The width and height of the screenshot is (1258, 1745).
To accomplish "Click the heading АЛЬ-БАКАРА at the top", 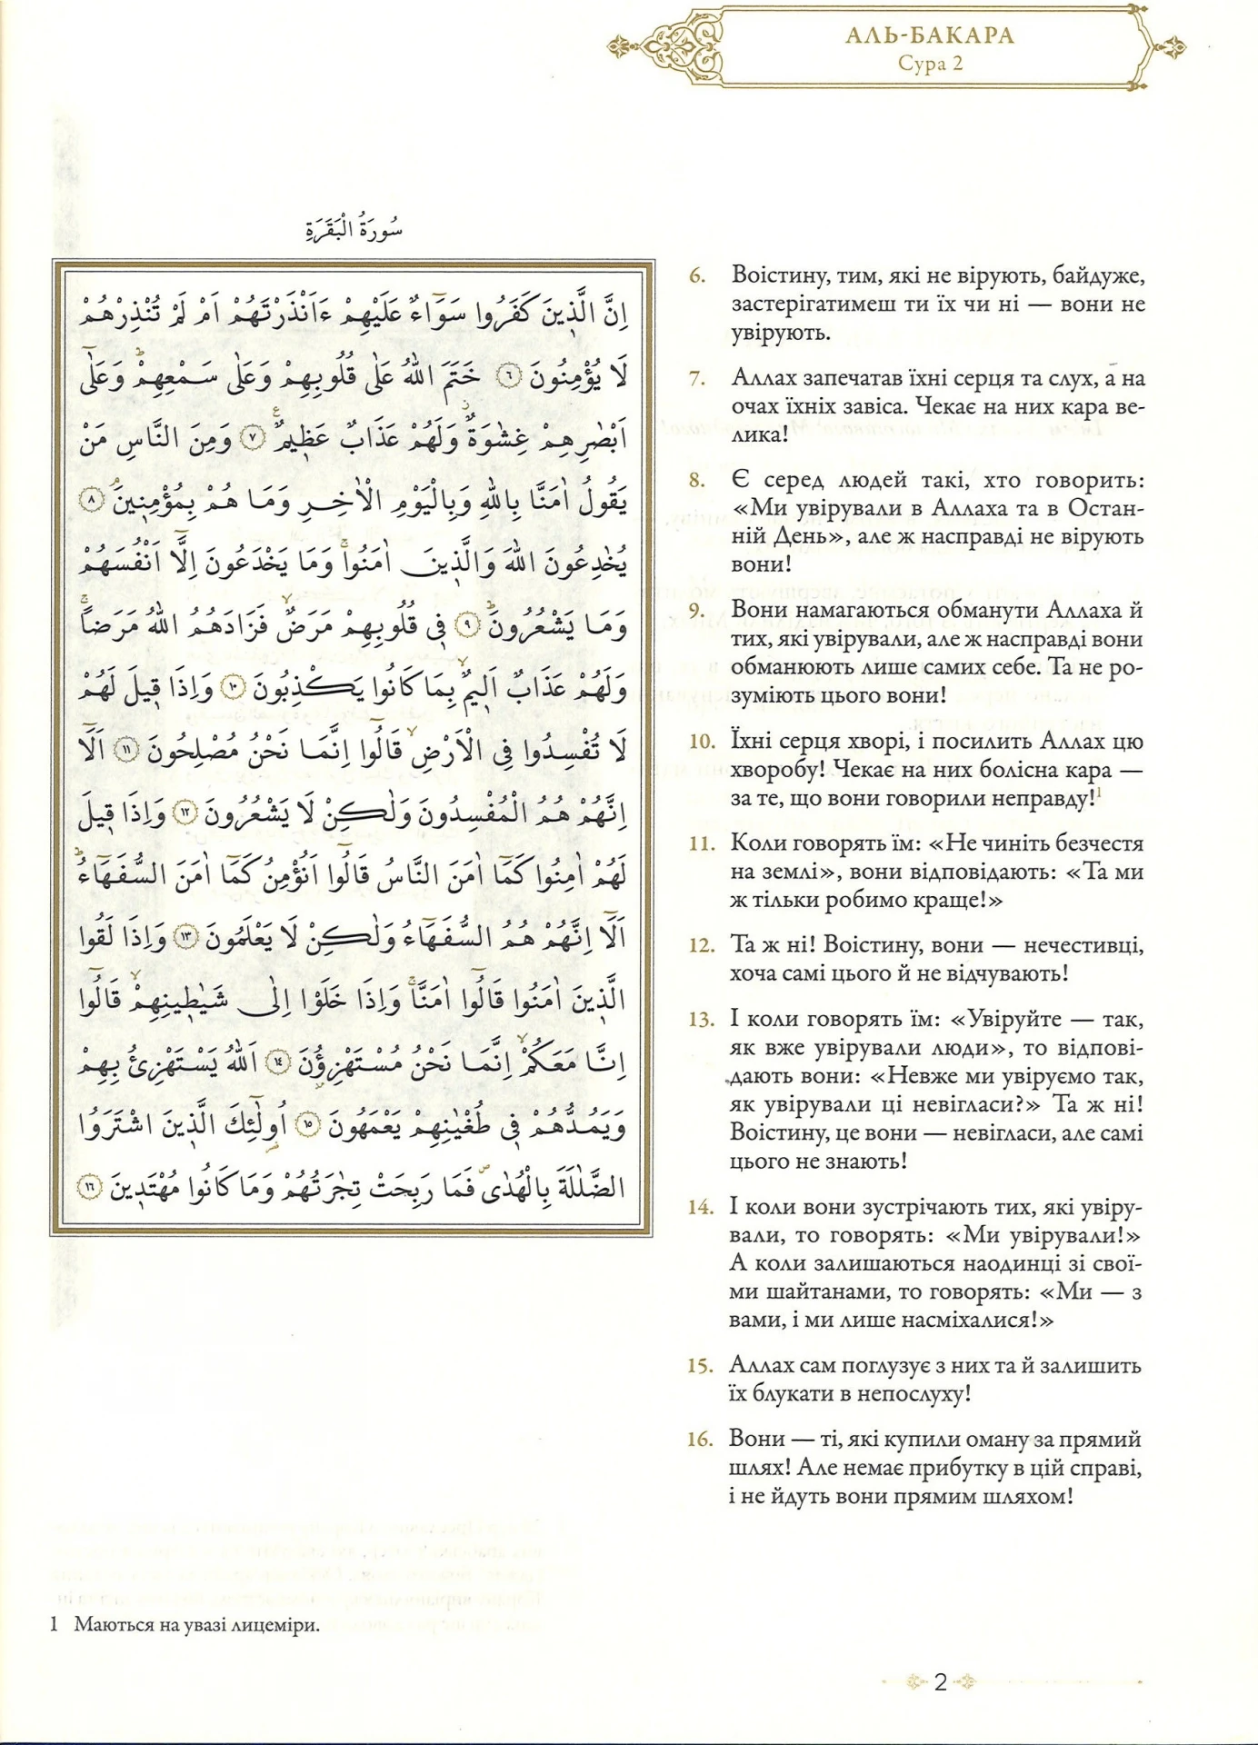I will [929, 37].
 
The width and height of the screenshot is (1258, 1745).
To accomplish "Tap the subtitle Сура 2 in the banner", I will [930, 64].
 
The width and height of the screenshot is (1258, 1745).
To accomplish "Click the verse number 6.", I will [697, 275].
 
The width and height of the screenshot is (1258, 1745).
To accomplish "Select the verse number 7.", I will [697, 378].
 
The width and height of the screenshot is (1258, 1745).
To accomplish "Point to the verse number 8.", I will [697, 480].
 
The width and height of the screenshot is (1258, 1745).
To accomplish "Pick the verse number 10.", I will [702, 742].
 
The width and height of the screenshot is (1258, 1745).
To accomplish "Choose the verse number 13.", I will [701, 1020].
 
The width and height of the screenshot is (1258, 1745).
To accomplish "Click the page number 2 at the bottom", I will [941, 1682].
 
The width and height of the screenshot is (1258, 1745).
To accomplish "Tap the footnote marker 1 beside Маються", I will [55, 1625].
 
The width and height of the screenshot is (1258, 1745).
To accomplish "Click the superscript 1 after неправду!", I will [1098, 793].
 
